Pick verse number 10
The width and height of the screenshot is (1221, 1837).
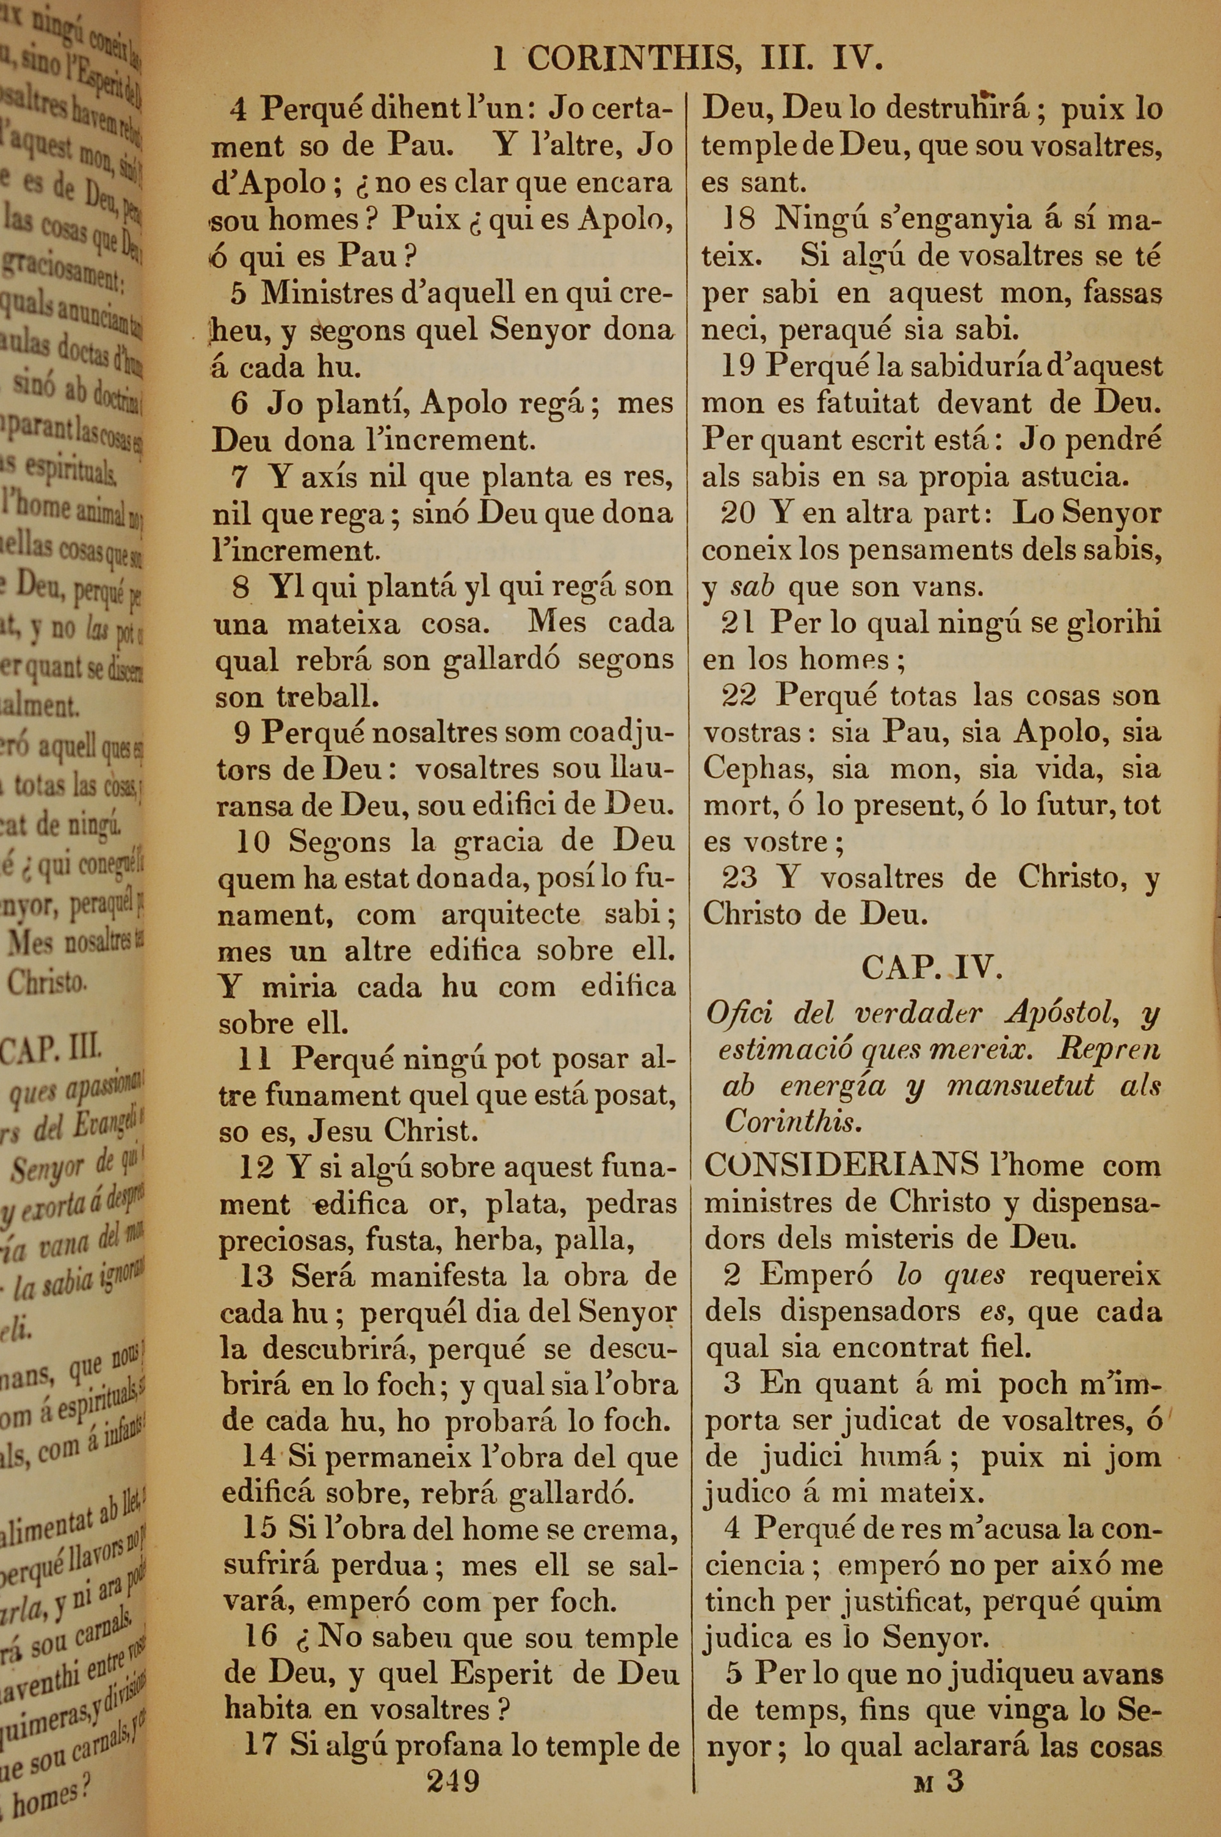point(253,841)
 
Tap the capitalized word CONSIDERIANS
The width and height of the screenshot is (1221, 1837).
point(841,1165)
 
